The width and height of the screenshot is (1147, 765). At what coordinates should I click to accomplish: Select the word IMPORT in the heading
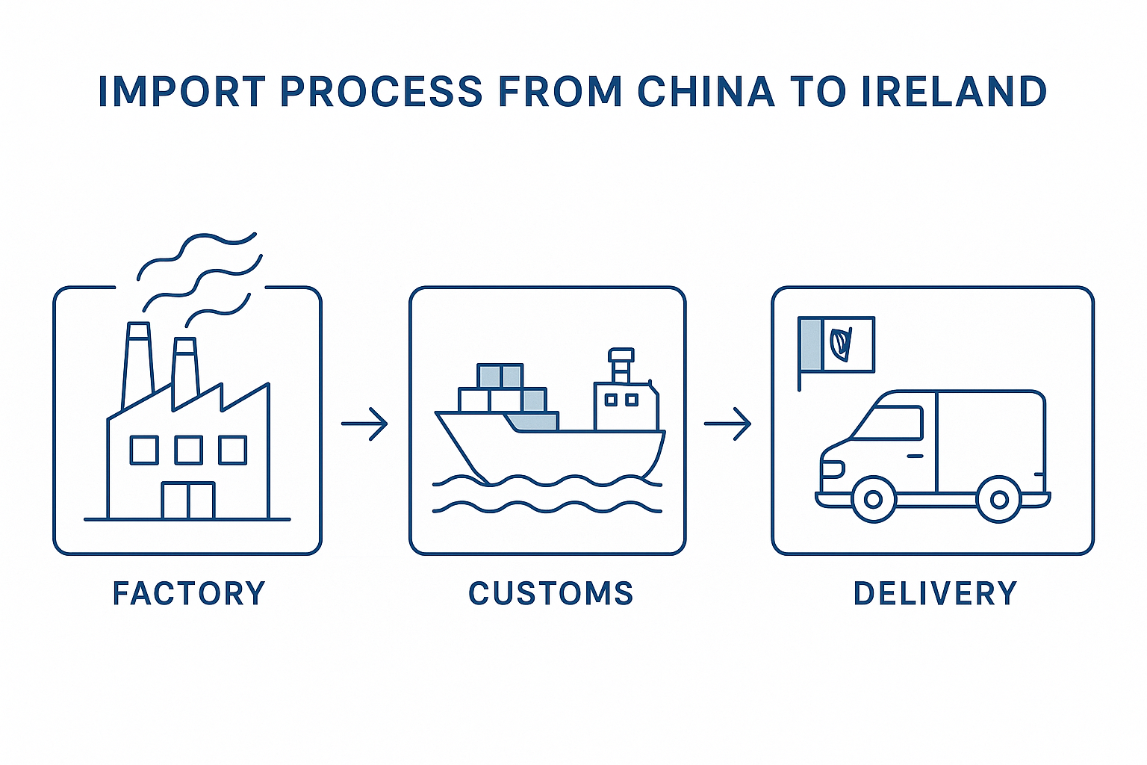click(181, 92)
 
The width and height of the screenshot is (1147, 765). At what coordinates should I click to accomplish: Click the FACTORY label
click(189, 594)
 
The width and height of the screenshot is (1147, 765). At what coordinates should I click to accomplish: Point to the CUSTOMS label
click(551, 594)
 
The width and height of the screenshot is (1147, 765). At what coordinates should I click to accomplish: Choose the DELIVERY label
click(935, 594)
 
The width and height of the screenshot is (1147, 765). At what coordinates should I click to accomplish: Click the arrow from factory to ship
click(365, 424)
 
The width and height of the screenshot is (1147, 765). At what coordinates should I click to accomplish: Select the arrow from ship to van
click(728, 424)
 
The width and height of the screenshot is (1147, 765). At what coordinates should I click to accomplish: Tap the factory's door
click(188, 500)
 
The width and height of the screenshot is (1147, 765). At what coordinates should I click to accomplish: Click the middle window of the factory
click(188, 450)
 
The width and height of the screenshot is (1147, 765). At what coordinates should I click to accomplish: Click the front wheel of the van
click(872, 500)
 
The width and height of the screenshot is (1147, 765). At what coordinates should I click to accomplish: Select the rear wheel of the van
click(998, 500)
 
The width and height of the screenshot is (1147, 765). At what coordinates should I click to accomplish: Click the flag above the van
click(836, 344)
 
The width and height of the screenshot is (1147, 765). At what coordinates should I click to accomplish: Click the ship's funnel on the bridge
click(621, 365)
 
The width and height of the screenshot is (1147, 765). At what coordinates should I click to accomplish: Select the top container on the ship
click(500, 375)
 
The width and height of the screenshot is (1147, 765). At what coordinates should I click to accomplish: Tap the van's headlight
click(831, 469)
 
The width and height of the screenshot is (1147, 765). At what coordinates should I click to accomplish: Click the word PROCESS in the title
click(381, 92)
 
